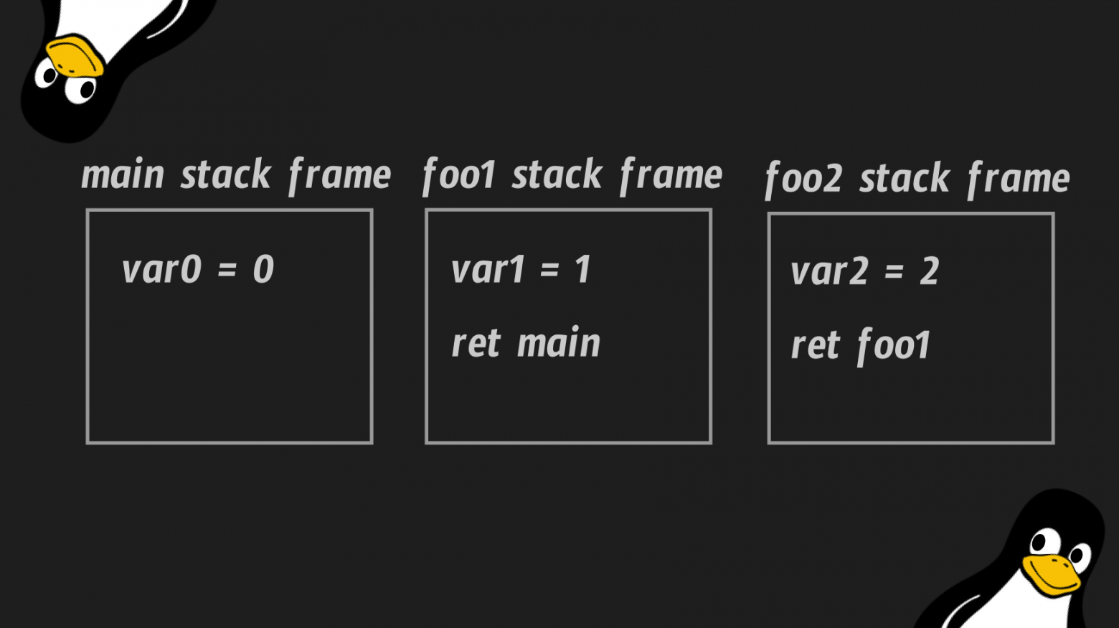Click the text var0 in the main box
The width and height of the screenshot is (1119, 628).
click(x=161, y=271)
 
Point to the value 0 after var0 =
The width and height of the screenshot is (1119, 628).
click(x=263, y=271)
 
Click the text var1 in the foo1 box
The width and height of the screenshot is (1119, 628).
click(x=488, y=271)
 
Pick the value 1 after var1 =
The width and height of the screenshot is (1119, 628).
click(x=582, y=271)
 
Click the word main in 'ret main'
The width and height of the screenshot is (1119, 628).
click(x=559, y=344)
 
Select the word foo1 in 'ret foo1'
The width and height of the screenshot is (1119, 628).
click(x=894, y=346)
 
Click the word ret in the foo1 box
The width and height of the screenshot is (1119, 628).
click(x=476, y=344)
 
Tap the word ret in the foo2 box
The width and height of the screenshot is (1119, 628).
click(x=815, y=346)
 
